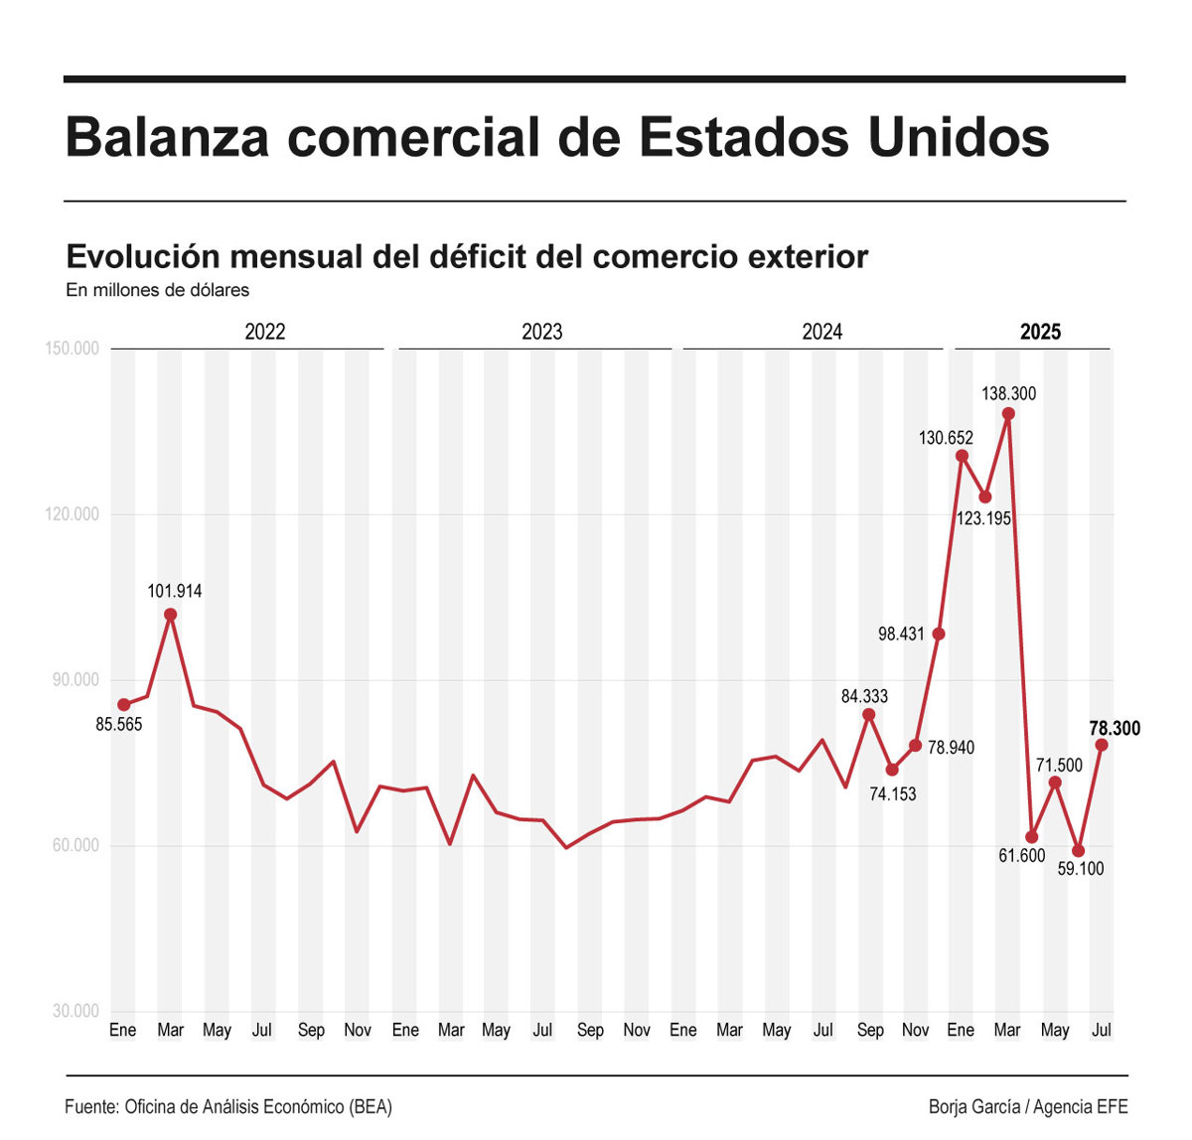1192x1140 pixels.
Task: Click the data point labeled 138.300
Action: point(1008,414)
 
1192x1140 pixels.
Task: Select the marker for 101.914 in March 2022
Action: point(171,615)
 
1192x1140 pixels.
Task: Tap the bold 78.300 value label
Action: point(1115,728)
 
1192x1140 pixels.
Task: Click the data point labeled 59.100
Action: point(1079,851)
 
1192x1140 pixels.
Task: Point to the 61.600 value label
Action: point(1021,856)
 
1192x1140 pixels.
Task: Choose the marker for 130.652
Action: point(962,456)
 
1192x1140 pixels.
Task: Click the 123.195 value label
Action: point(983,518)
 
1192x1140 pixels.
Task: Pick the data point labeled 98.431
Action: point(939,634)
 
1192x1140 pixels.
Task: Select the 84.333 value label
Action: point(864,696)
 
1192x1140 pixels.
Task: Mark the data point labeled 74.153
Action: point(892,770)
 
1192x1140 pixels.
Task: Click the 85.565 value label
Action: point(119,725)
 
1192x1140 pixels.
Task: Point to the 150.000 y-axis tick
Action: point(72,349)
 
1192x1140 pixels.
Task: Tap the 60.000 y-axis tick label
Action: point(74,845)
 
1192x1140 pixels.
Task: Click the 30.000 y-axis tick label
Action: point(74,1011)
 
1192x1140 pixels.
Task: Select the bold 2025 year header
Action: point(1040,332)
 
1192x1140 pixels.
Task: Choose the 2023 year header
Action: point(541,332)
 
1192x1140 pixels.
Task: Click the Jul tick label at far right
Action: point(1101,1030)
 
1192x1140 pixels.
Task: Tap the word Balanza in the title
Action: point(167,137)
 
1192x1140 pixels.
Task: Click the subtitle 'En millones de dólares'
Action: point(157,290)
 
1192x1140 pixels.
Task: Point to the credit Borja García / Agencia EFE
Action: point(1028,1106)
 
